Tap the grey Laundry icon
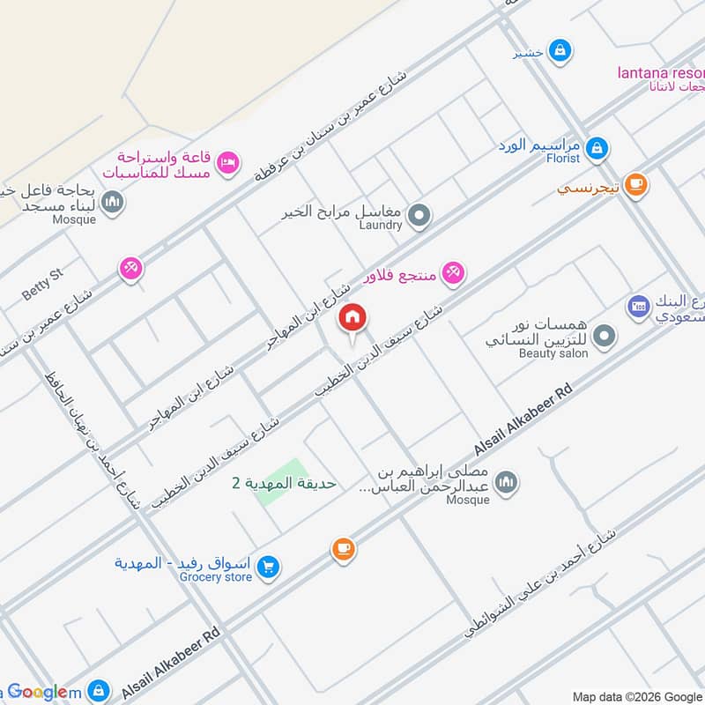[420, 214]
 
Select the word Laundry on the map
[381, 226]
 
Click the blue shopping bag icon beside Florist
[597, 147]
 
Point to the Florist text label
[562, 159]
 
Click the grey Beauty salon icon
[604, 336]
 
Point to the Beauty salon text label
[553, 352]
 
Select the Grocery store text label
[216, 577]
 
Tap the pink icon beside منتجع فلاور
[453, 273]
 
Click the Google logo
[41, 693]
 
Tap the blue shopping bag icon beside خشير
[558, 52]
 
